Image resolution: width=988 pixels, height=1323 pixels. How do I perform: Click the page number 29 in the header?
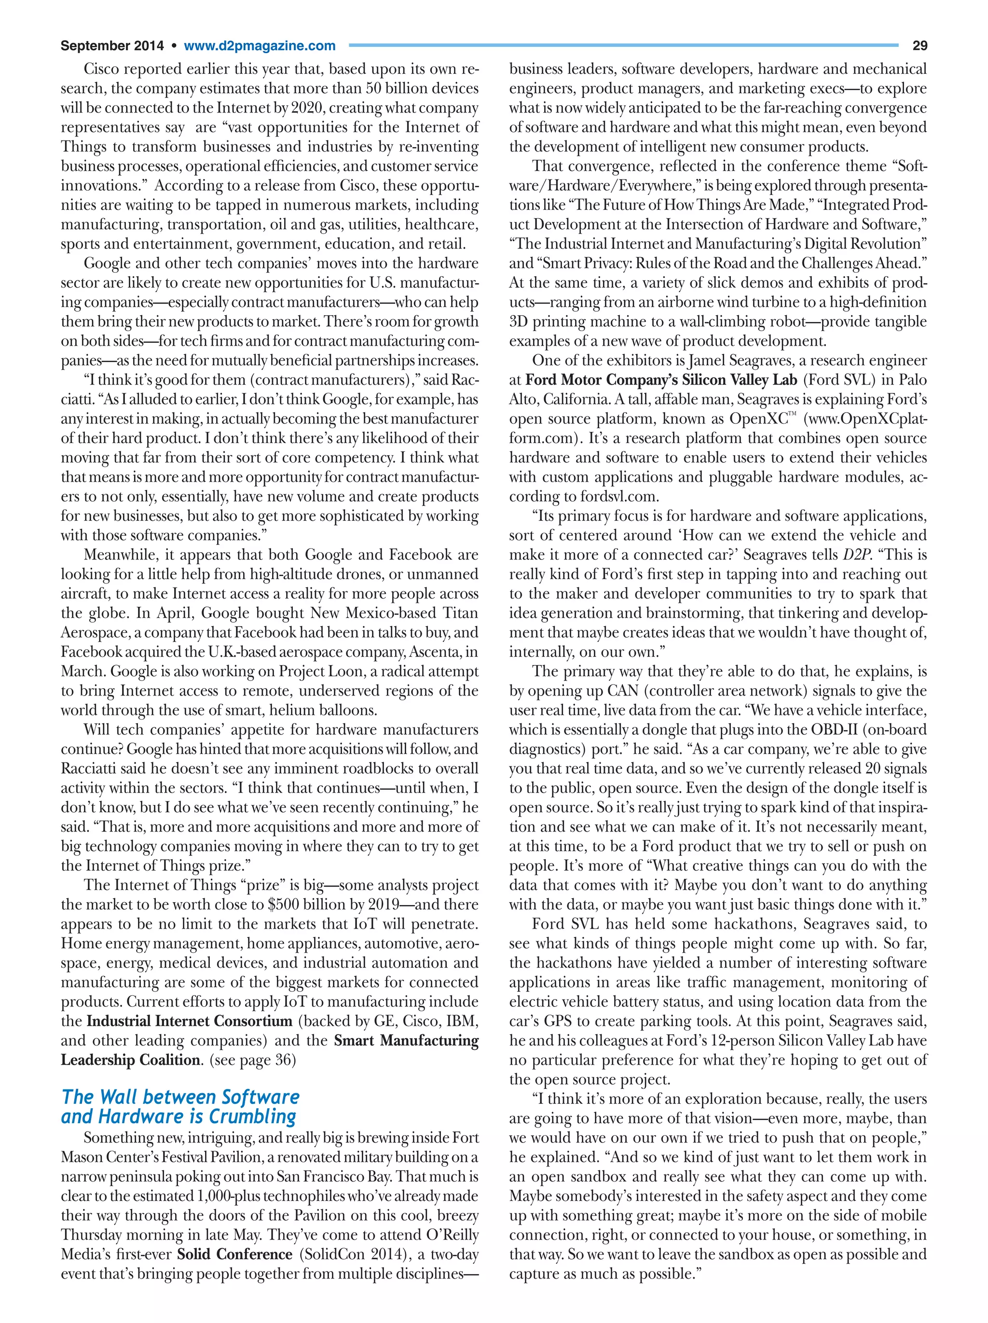pos(919,45)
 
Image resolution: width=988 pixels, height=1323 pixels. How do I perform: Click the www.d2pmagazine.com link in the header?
pos(260,46)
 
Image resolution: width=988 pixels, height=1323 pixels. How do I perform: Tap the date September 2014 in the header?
pos(112,46)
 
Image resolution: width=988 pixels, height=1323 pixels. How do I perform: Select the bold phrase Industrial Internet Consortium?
pos(190,1021)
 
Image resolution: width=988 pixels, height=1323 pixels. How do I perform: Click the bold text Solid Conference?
pos(234,1254)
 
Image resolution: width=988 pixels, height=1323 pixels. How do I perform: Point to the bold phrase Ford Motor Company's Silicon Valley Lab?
pos(660,380)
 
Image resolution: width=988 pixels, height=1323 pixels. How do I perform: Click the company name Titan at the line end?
pos(460,613)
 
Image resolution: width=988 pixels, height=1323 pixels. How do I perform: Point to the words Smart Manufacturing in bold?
pos(406,1040)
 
